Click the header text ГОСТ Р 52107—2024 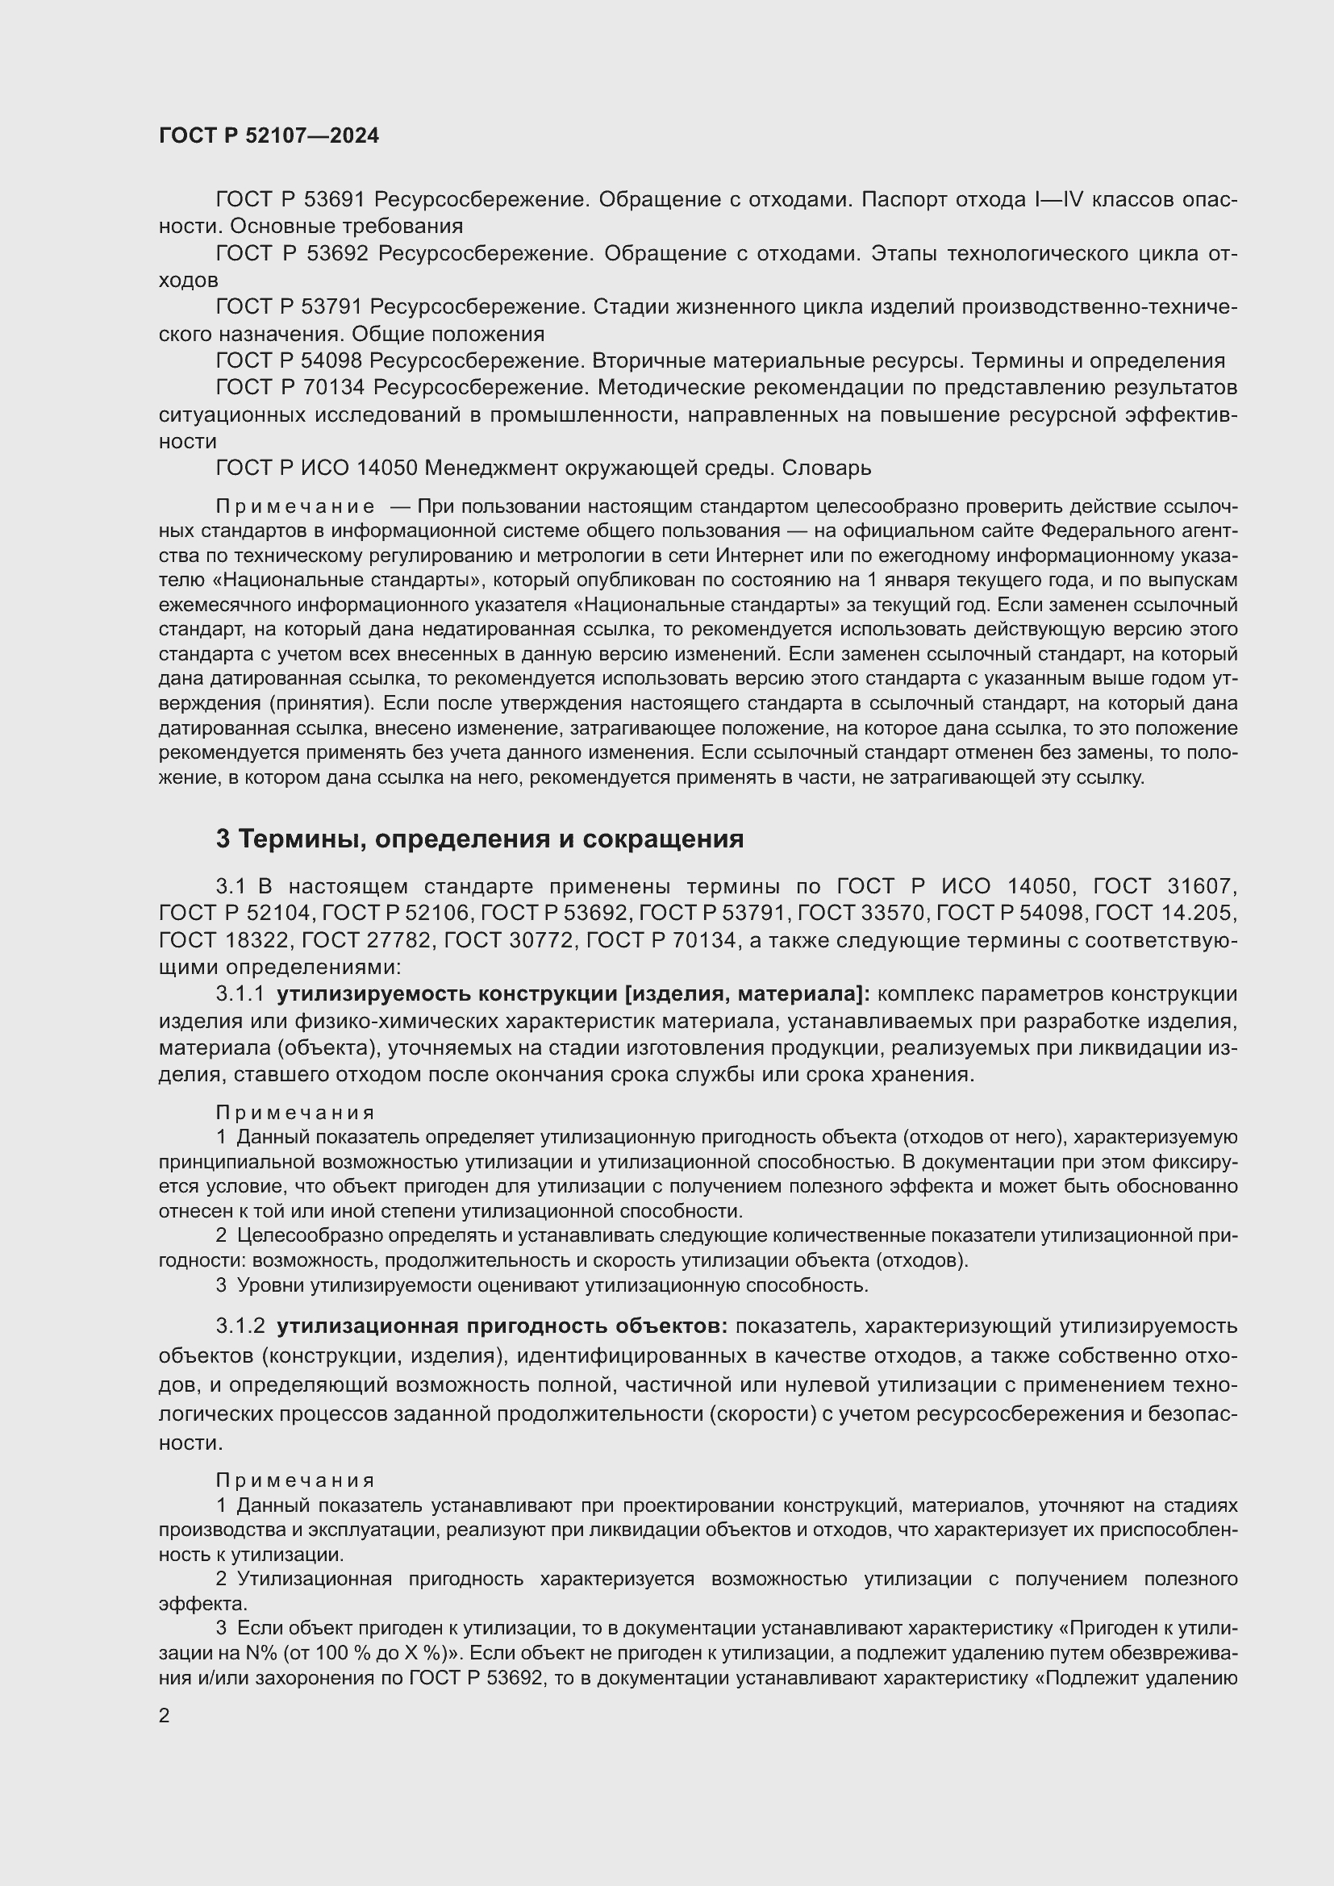pos(269,135)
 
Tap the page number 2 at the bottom pos(165,1715)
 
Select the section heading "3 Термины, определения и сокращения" pos(480,839)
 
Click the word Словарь pos(826,468)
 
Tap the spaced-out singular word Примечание pos(295,506)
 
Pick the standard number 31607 pos(1201,886)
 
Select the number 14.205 pos(1200,913)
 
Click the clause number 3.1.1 pos(240,994)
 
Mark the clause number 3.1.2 pos(240,1326)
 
